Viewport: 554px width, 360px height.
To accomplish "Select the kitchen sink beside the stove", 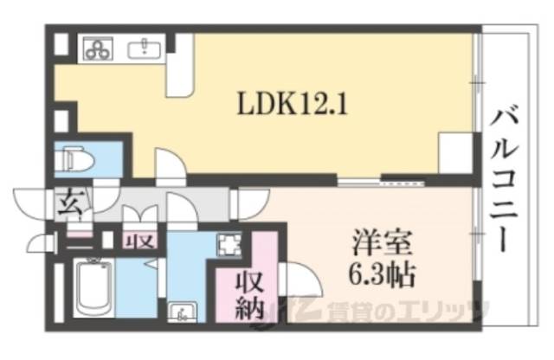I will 140,48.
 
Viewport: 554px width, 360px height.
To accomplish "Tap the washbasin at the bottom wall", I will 183,310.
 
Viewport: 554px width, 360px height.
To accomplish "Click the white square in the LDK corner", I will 454,152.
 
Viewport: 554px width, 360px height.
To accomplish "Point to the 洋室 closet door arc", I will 300,280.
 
